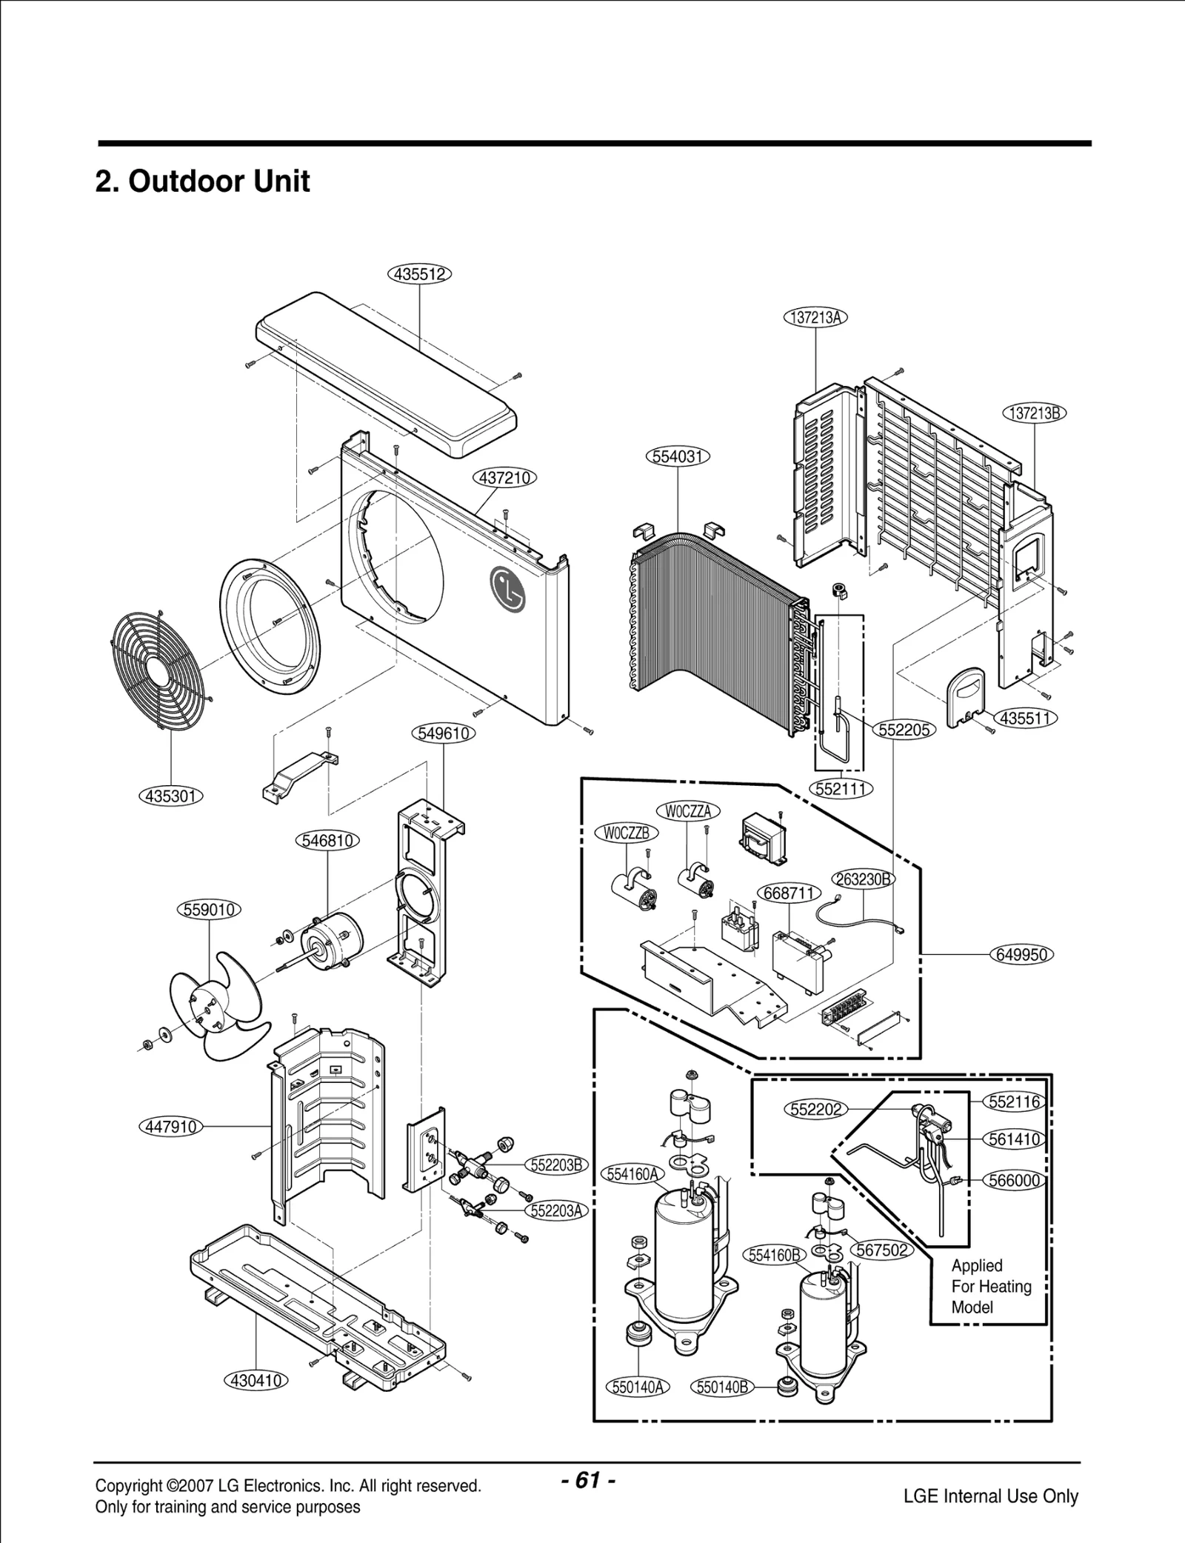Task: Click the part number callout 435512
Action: pyautogui.click(x=420, y=274)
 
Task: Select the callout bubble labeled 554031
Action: pyautogui.click(x=678, y=456)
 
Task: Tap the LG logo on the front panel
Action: pyautogui.click(x=507, y=590)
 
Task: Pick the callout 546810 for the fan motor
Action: pyautogui.click(x=327, y=841)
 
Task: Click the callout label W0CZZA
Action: pyautogui.click(x=688, y=811)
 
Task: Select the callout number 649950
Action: pyautogui.click(x=1021, y=955)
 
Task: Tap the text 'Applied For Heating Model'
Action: pyautogui.click(x=991, y=1286)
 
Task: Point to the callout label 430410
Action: pyautogui.click(x=256, y=1381)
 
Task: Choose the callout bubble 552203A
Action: pyautogui.click(x=556, y=1210)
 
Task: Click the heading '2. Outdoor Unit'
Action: pyautogui.click(x=202, y=181)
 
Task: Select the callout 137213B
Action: pyautogui.click(x=1035, y=413)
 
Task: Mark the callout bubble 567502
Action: pyautogui.click(x=882, y=1250)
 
